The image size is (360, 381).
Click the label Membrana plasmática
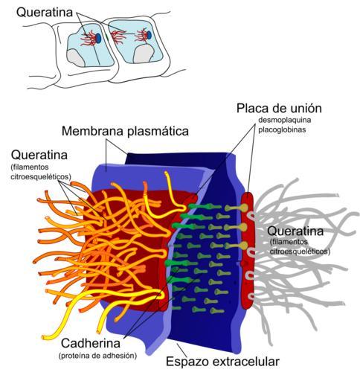pyautogui.click(x=125, y=131)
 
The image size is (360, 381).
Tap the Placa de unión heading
pyautogui.click(x=279, y=109)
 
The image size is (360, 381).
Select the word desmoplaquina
pyautogui.click(x=285, y=121)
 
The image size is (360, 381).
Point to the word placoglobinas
pyautogui.click(x=282, y=129)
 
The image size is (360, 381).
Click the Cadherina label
pyautogui.click(x=91, y=344)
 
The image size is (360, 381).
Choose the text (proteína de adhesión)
pyautogui.click(x=97, y=356)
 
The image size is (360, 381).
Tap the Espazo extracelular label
pyautogui.click(x=222, y=362)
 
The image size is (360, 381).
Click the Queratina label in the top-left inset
pyautogui.click(x=45, y=13)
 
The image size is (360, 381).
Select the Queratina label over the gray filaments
pyautogui.click(x=295, y=231)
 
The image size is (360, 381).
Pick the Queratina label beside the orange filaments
pyautogui.click(x=39, y=155)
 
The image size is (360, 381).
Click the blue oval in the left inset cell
pyautogui.click(x=98, y=38)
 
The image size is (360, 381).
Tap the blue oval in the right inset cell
pyautogui.click(x=149, y=35)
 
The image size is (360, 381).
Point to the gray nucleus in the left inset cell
pyautogui.click(x=75, y=57)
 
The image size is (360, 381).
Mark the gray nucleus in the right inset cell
pyautogui.click(x=144, y=54)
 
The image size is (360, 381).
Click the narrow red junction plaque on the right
pyautogui.click(x=248, y=250)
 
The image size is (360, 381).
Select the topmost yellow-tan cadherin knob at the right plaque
pyautogui.click(x=244, y=208)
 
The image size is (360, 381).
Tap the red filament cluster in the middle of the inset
pyautogui.click(x=118, y=37)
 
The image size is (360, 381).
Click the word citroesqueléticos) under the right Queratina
pyautogui.click(x=300, y=252)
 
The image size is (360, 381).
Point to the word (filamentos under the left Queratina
pyautogui.click(x=30, y=167)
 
